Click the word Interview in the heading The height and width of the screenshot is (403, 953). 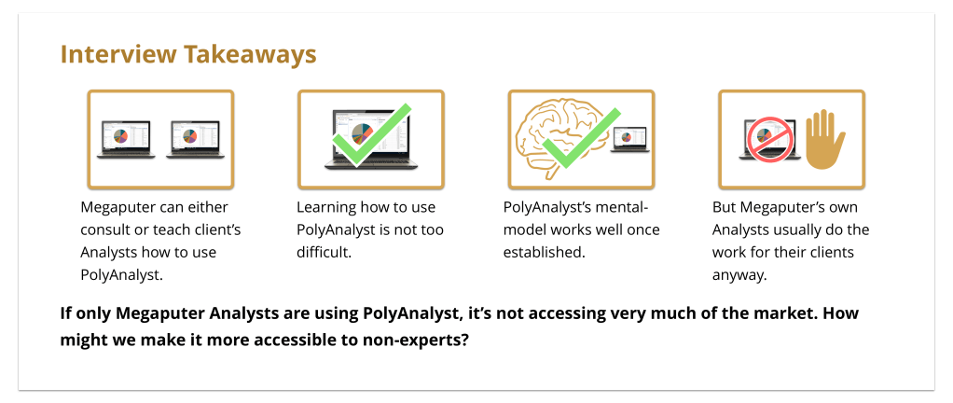click(x=119, y=55)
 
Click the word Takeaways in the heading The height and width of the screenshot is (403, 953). click(x=251, y=55)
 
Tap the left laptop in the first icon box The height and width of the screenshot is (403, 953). click(x=126, y=139)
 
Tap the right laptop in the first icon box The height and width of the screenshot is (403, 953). click(x=195, y=139)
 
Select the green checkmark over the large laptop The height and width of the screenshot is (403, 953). click(x=371, y=135)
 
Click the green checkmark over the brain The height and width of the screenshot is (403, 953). click(x=580, y=138)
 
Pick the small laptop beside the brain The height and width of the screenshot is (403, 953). click(x=630, y=140)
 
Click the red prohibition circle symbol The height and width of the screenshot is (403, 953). click(x=770, y=141)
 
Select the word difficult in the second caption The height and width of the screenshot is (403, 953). click(x=324, y=252)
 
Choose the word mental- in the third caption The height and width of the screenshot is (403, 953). click(x=622, y=207)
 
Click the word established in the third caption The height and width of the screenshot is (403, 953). click(x=544, y=252)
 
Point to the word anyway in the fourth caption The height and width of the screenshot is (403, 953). click(x=739, y=275)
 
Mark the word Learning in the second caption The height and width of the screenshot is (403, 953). click(x=325, y=207)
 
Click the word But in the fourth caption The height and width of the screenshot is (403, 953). click(x=724, y=207)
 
